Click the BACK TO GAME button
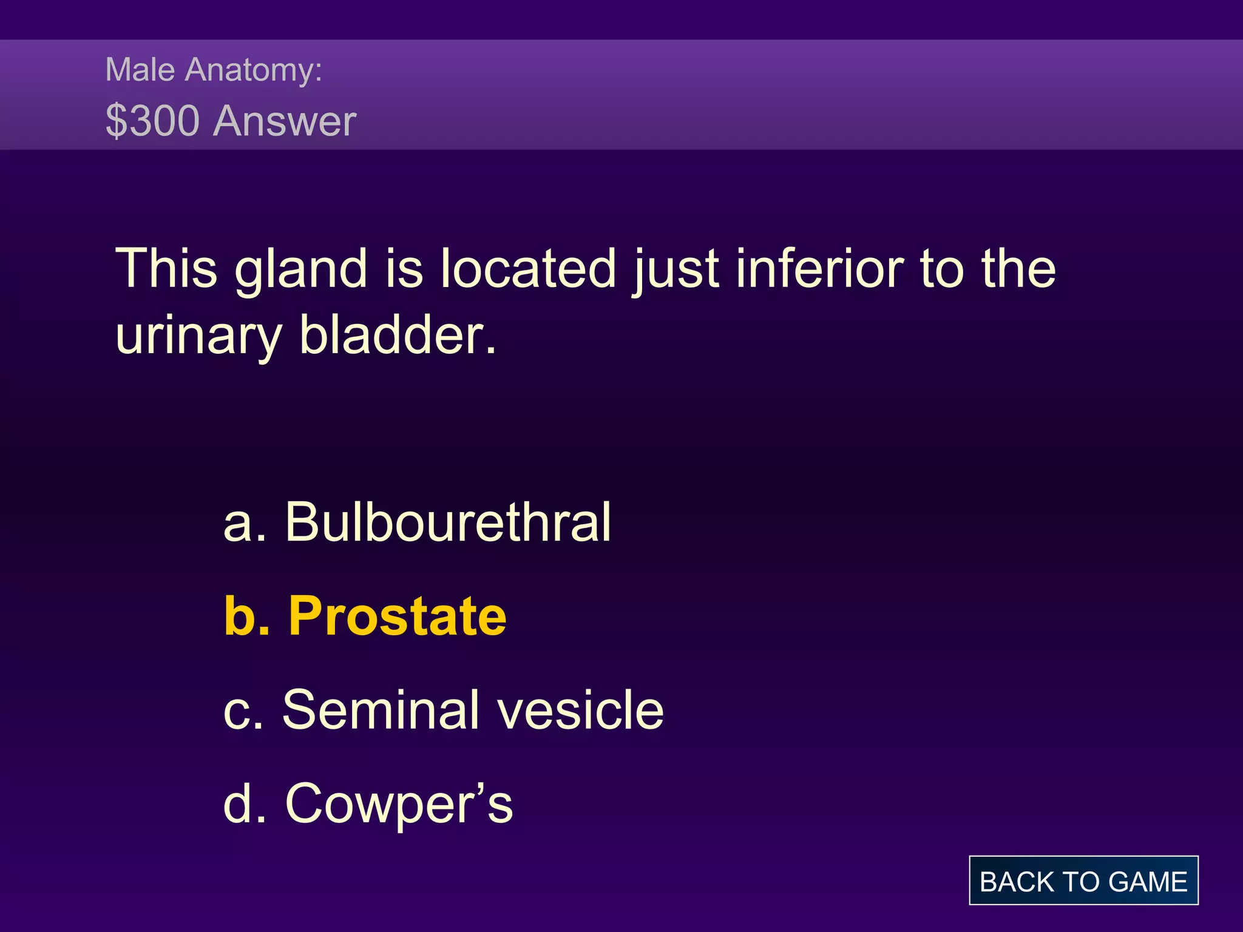1083,880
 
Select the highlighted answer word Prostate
398,616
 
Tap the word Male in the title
140,69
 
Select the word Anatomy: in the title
254,70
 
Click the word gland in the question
301,269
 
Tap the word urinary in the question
198,336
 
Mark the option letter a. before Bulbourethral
245,523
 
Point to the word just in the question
677,271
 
